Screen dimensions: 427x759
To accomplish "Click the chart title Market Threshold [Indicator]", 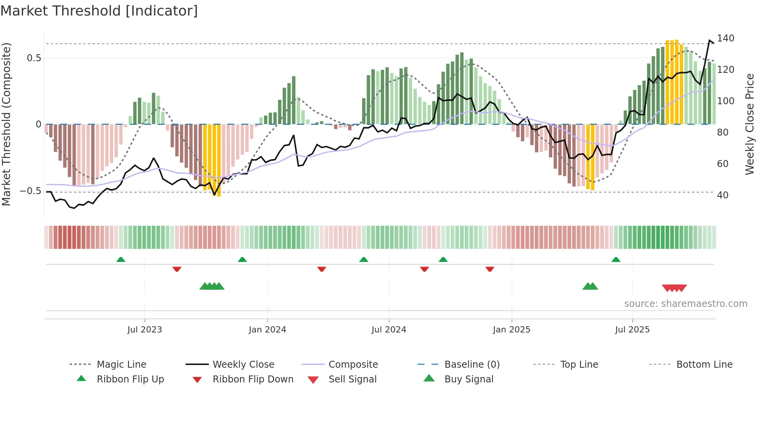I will point(99,11).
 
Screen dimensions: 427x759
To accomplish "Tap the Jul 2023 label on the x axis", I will point(144,330).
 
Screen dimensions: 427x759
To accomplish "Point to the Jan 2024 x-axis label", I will point(267,330).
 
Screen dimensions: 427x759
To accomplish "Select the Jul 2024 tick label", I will point(389,330).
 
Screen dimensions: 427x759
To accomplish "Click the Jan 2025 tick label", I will point(512,330).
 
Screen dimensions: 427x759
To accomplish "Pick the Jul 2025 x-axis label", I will point(632,330).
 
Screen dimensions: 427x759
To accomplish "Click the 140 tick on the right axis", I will point(725,38).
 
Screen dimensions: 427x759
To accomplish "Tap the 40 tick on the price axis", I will point(723,195).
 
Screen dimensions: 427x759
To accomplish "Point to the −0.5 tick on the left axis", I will point(30,191).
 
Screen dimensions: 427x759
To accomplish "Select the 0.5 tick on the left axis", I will point(34,58).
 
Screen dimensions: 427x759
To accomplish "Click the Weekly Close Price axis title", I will point(750,124).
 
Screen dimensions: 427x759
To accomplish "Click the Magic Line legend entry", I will point(121,365).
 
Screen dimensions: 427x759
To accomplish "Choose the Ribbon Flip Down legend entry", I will point(252,379).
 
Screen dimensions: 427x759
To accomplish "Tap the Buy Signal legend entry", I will point(469,379).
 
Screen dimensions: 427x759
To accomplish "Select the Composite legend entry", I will point(353,365).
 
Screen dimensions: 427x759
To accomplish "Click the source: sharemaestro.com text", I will point(685,304).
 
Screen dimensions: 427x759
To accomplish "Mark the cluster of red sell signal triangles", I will point(674,288).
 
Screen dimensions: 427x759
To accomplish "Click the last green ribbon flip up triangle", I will point(616,259).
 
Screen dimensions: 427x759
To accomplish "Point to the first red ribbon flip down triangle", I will point(177,269).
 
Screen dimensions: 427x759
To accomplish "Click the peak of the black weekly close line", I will point(710,40).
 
